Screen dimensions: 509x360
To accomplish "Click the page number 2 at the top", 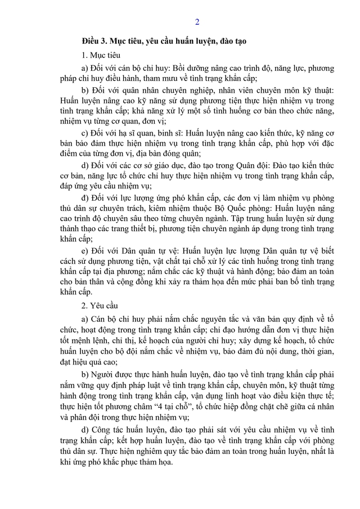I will pyautogui.click(x=197, y=22).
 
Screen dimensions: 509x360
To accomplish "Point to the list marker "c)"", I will pyautogui.click(x=85, y=133).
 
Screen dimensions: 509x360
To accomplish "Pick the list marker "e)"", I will pyautogui.click(x=85, y=250).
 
